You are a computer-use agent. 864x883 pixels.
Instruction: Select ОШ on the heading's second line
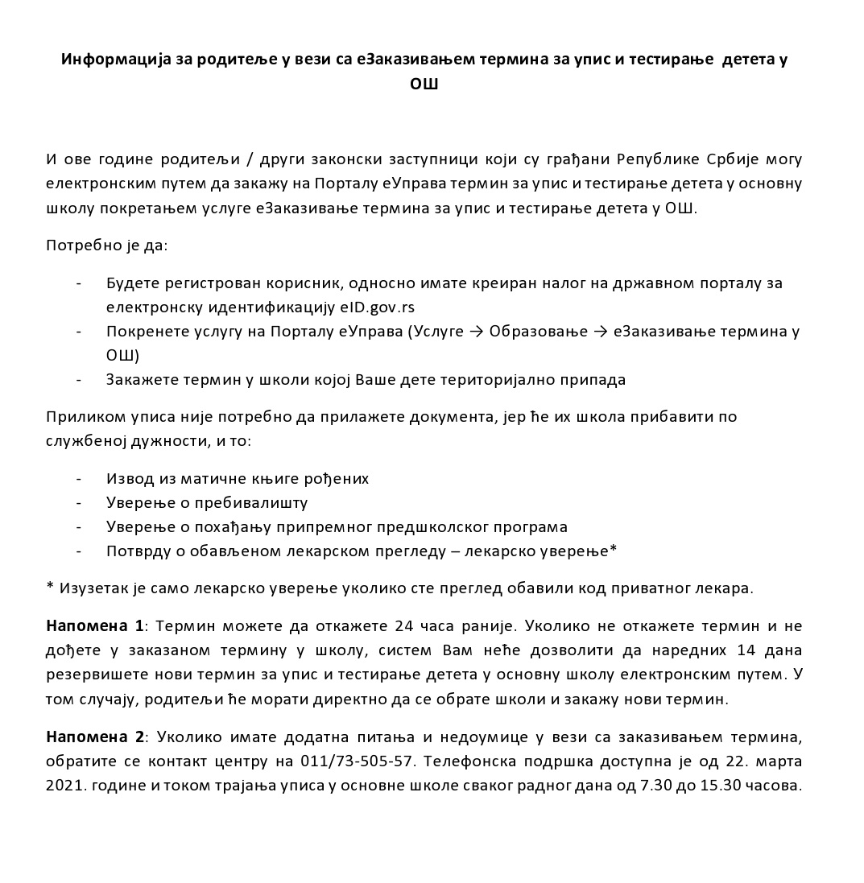[424, 84]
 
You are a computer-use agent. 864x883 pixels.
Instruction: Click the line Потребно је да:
[107, 245]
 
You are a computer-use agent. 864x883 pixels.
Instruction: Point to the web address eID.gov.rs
[378, 307]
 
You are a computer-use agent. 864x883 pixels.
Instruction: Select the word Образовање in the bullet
[535, 332]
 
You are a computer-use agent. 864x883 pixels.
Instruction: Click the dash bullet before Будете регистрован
[79, 283]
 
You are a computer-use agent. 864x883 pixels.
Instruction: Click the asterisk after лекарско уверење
[614, 550]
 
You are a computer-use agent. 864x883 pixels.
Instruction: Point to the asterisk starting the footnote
[50, 587]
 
